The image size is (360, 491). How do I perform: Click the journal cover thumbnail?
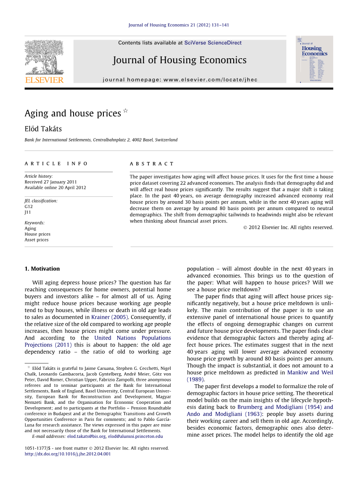314,59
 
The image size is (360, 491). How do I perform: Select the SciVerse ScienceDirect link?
213,43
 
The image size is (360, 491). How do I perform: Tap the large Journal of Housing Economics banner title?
180,60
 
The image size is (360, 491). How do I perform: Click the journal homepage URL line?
180,79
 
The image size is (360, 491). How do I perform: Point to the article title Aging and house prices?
73,114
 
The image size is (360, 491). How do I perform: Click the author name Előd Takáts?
43,129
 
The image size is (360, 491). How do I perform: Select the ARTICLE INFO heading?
56,164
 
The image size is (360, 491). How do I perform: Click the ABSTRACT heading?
152,164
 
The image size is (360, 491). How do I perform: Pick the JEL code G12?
29,207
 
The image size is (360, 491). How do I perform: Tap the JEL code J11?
28,212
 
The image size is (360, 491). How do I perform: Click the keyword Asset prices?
37,240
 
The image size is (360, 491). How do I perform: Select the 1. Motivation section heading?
42,269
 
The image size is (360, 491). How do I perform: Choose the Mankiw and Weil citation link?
310,372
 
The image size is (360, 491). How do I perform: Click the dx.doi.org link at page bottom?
68,454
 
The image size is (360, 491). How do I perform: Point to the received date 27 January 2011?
51,182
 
